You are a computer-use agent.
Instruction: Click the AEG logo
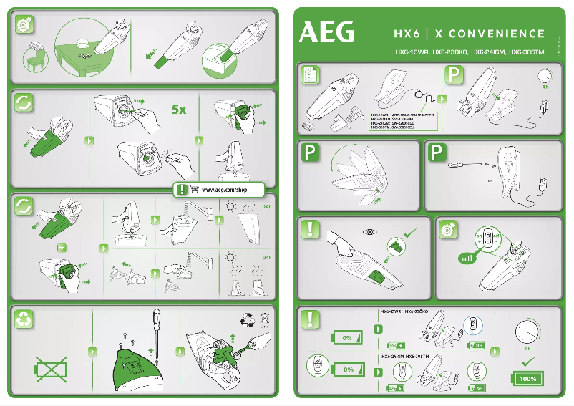326,32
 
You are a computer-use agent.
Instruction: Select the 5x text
178,110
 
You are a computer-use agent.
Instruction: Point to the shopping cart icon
195,190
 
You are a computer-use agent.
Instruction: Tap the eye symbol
369,232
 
